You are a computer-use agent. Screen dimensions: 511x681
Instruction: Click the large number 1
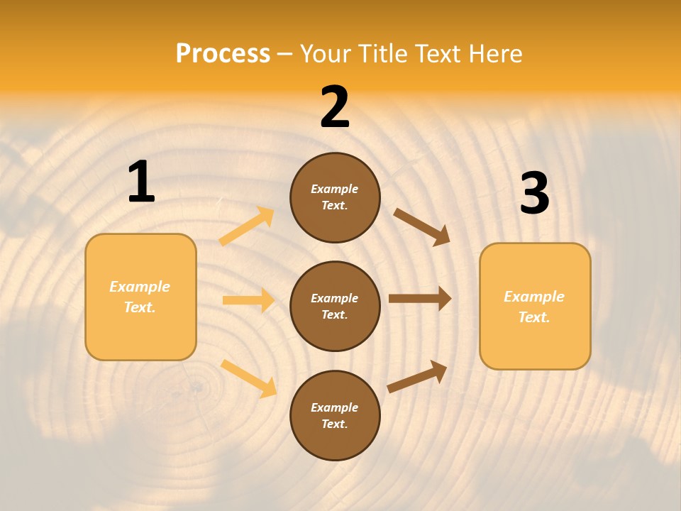click(141, 182)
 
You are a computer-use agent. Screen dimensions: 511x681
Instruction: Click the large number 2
click(335, 107)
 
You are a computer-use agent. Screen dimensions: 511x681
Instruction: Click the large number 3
click(534, 194)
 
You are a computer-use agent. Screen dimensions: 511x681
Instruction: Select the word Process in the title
click(223, 53)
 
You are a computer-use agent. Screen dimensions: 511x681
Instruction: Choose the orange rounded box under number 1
click(140, 297)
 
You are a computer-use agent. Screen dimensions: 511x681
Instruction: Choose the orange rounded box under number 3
click(535, 307)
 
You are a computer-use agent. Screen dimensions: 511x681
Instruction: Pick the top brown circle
click(335, 197)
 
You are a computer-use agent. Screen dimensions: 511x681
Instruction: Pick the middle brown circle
click(335, 306)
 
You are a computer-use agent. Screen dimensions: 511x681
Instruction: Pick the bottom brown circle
click(335, 415)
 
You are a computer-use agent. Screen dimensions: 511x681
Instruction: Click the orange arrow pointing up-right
click(247, 226)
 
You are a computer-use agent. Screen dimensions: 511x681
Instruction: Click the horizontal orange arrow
click(248, 300)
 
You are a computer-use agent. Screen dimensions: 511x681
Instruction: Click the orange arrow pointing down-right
click(249, 378)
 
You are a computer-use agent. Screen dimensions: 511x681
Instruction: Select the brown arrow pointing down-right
click(422, 226)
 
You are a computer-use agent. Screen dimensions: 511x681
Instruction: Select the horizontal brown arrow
click(420, 299)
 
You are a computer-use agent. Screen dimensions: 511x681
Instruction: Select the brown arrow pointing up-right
click(417, 377)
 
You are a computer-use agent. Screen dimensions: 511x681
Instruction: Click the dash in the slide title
click(285, 54)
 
